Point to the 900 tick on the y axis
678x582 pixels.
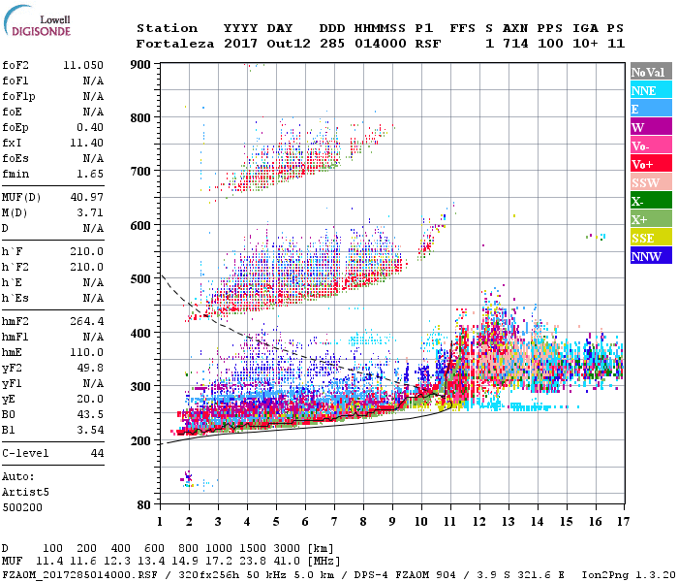(x=141, y=64)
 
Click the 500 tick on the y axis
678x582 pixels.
(x=141, y=279)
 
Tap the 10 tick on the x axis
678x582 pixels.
(x=420, y=521)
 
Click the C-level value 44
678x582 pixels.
(x=98, y=454)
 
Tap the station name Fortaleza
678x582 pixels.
(x=175, y=44)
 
